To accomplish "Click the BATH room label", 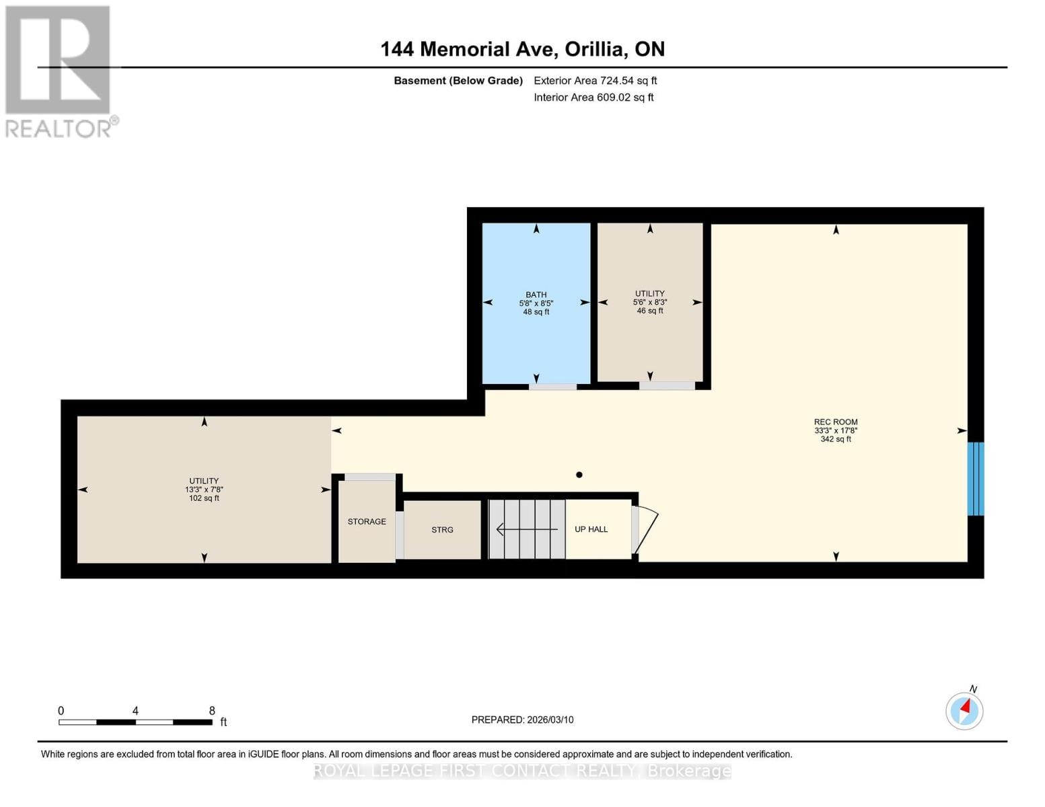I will coord(536,295).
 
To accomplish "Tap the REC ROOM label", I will coord(835,422).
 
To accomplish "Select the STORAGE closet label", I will coord(367,521).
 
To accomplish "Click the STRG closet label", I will coord(442,529).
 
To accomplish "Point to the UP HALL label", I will coord(591,529).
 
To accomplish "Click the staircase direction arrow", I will coord(526,529).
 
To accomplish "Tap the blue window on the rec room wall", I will coord(975,479).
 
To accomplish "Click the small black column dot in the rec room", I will coord(579,475).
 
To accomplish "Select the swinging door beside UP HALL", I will coord(644,531).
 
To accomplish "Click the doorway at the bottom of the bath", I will coord(552,387).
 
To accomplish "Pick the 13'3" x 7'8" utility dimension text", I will coord(204,490).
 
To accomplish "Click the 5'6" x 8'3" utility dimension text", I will coord(649,303).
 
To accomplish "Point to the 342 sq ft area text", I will coord(835,439).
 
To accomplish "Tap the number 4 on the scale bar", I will coord(135,711).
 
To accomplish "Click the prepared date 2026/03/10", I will coord(550,720).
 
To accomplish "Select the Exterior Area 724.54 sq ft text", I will coord(595,81).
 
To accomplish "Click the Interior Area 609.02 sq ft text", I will coord(593,98).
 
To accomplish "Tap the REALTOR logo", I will coord(59,71).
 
